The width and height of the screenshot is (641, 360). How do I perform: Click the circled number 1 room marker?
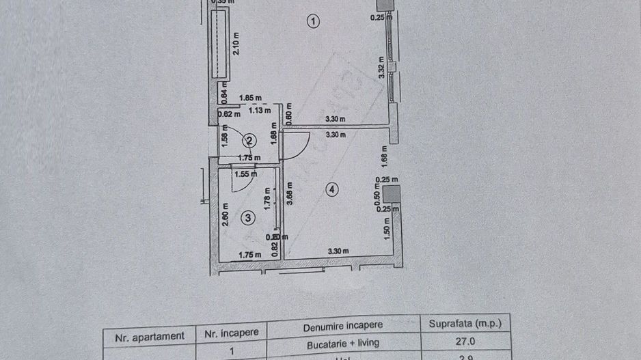[x=313, y=22]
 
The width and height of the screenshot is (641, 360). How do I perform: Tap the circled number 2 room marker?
[x=249, y=141]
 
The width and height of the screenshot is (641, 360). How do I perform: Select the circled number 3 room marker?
[x=248, y=218]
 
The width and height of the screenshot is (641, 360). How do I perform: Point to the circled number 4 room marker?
[x=331, y=190]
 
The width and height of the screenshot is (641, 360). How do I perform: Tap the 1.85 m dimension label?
[x=249, y=98]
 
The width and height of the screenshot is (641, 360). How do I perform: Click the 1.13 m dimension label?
[x=260, y=109]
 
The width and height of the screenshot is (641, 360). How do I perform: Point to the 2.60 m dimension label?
[x=225, y=216]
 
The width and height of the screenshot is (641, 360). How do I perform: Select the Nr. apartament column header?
[x=149, y=335]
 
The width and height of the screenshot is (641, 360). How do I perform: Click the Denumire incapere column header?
[x=342, y=325]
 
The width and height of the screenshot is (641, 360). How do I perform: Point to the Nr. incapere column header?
[x=232, y=333]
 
